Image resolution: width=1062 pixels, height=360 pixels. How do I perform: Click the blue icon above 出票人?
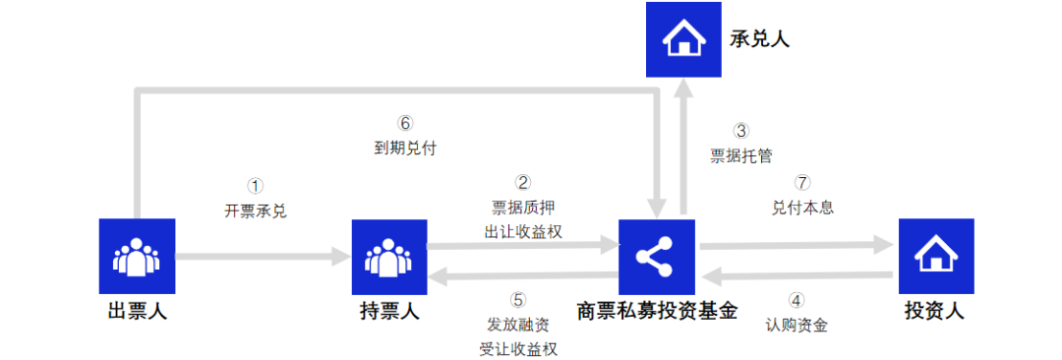click(138, 256)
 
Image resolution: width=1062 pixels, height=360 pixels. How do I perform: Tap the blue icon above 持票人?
click(389, 256)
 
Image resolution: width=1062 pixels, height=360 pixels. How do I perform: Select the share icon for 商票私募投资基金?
click(656, 256)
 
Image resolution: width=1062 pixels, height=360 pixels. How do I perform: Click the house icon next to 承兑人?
click(682, 39)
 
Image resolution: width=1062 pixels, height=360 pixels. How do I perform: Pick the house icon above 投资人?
click(935, 256)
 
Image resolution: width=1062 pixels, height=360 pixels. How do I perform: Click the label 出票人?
click(138, 313)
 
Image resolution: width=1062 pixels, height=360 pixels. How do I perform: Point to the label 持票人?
click(389, 313)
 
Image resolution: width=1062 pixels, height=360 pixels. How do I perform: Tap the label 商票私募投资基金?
click(657, 313)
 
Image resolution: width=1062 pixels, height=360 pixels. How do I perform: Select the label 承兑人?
click(759, 39)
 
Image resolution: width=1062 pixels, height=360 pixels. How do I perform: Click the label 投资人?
click(934, 313)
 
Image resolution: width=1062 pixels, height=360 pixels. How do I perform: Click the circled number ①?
click(256, 185)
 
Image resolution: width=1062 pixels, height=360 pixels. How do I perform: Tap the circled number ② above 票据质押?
click(523, 182)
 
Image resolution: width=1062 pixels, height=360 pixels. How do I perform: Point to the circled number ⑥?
click(405, 123)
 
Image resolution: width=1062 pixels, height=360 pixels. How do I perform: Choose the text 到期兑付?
click(405, 149)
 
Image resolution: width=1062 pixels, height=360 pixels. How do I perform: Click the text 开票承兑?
click(256, 210)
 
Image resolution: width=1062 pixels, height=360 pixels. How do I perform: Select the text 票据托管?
click(741, 154)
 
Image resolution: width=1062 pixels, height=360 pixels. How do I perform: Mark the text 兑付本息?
click(803, 208)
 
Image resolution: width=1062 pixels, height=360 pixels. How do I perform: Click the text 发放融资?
click(518, 325)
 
